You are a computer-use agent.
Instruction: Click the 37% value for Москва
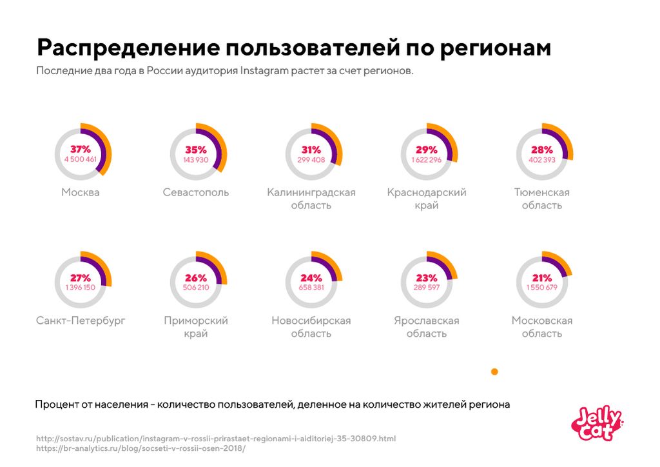tap(81, 149)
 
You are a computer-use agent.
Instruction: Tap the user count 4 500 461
tap(81, 159)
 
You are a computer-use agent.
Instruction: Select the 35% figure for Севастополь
tap(196, 149)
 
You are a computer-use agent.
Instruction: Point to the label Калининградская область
tap(311, 199)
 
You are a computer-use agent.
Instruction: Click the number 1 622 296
tap(427, 159)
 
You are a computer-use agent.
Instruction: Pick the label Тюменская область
tap(542, 199)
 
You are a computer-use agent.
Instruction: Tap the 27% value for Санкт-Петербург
tap(81, 277)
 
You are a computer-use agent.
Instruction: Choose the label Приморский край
tap(196, 327)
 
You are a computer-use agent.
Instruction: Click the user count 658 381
tap(311, 288)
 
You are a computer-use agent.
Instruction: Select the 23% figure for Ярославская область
tap(427, 277)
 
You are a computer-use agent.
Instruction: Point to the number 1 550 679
tap(542, 288)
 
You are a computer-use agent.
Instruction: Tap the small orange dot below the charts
tap(494, 372)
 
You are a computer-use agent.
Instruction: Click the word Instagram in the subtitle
tap(264, 71)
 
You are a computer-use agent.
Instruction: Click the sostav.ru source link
tap(216, 439)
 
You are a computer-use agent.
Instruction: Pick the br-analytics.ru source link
tap(141, 448)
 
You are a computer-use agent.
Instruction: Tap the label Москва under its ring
tap(81, 192)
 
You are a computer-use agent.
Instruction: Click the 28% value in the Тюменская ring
tap(542, 149)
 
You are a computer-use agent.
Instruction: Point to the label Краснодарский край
tap(427, 199)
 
